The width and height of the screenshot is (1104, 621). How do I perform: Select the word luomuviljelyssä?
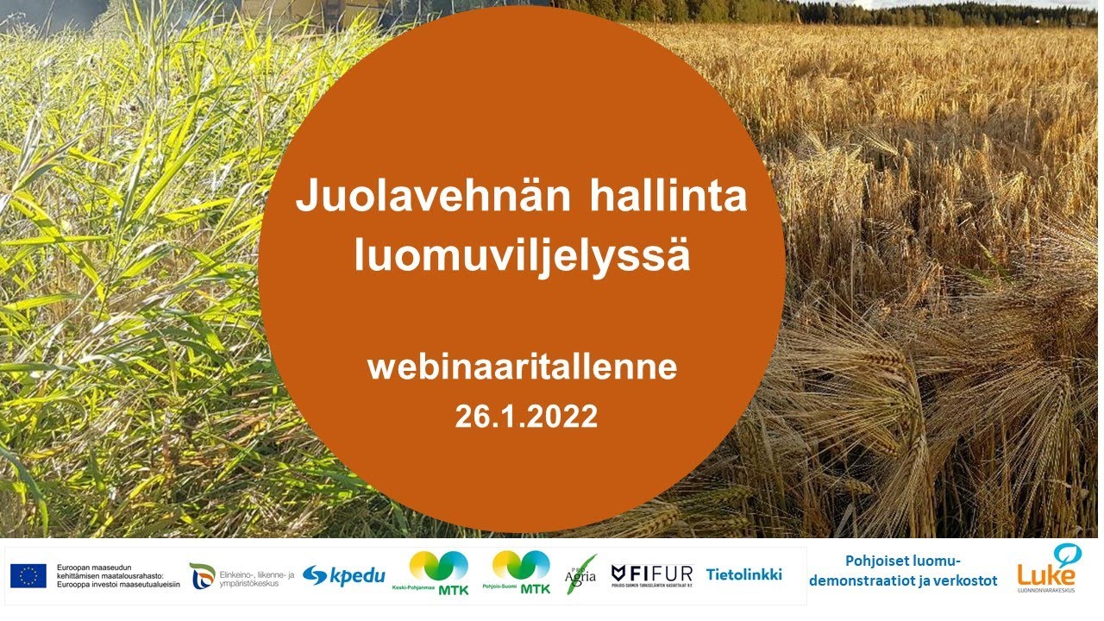pyautogui.click(x=522, y=256)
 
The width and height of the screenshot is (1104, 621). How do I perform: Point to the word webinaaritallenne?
pyautogui.click(x=522, y=367)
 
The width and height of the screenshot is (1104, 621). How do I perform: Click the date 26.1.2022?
pyautogui.click(x=526, y=417)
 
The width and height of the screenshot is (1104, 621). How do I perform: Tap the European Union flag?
pyautogui.click(x=28, y=575)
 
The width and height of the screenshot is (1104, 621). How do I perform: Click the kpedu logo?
pyautogui.click(x=344, y=576)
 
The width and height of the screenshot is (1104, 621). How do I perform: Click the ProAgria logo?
pyautogui.click(x=580, y=574)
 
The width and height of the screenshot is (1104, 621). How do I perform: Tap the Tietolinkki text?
pyautogui.click(x=743, y=574)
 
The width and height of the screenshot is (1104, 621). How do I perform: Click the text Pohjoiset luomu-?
pyautogui.click(x=903, y=561)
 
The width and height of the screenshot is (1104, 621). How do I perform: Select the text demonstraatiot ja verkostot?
pyautogui.click(x=903, y=581)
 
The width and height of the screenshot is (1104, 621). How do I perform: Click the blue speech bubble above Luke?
pyautogui.click(x=1068, y=553)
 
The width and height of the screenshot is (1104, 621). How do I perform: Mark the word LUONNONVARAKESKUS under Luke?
pyautogui.click(x=1047, y=591)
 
